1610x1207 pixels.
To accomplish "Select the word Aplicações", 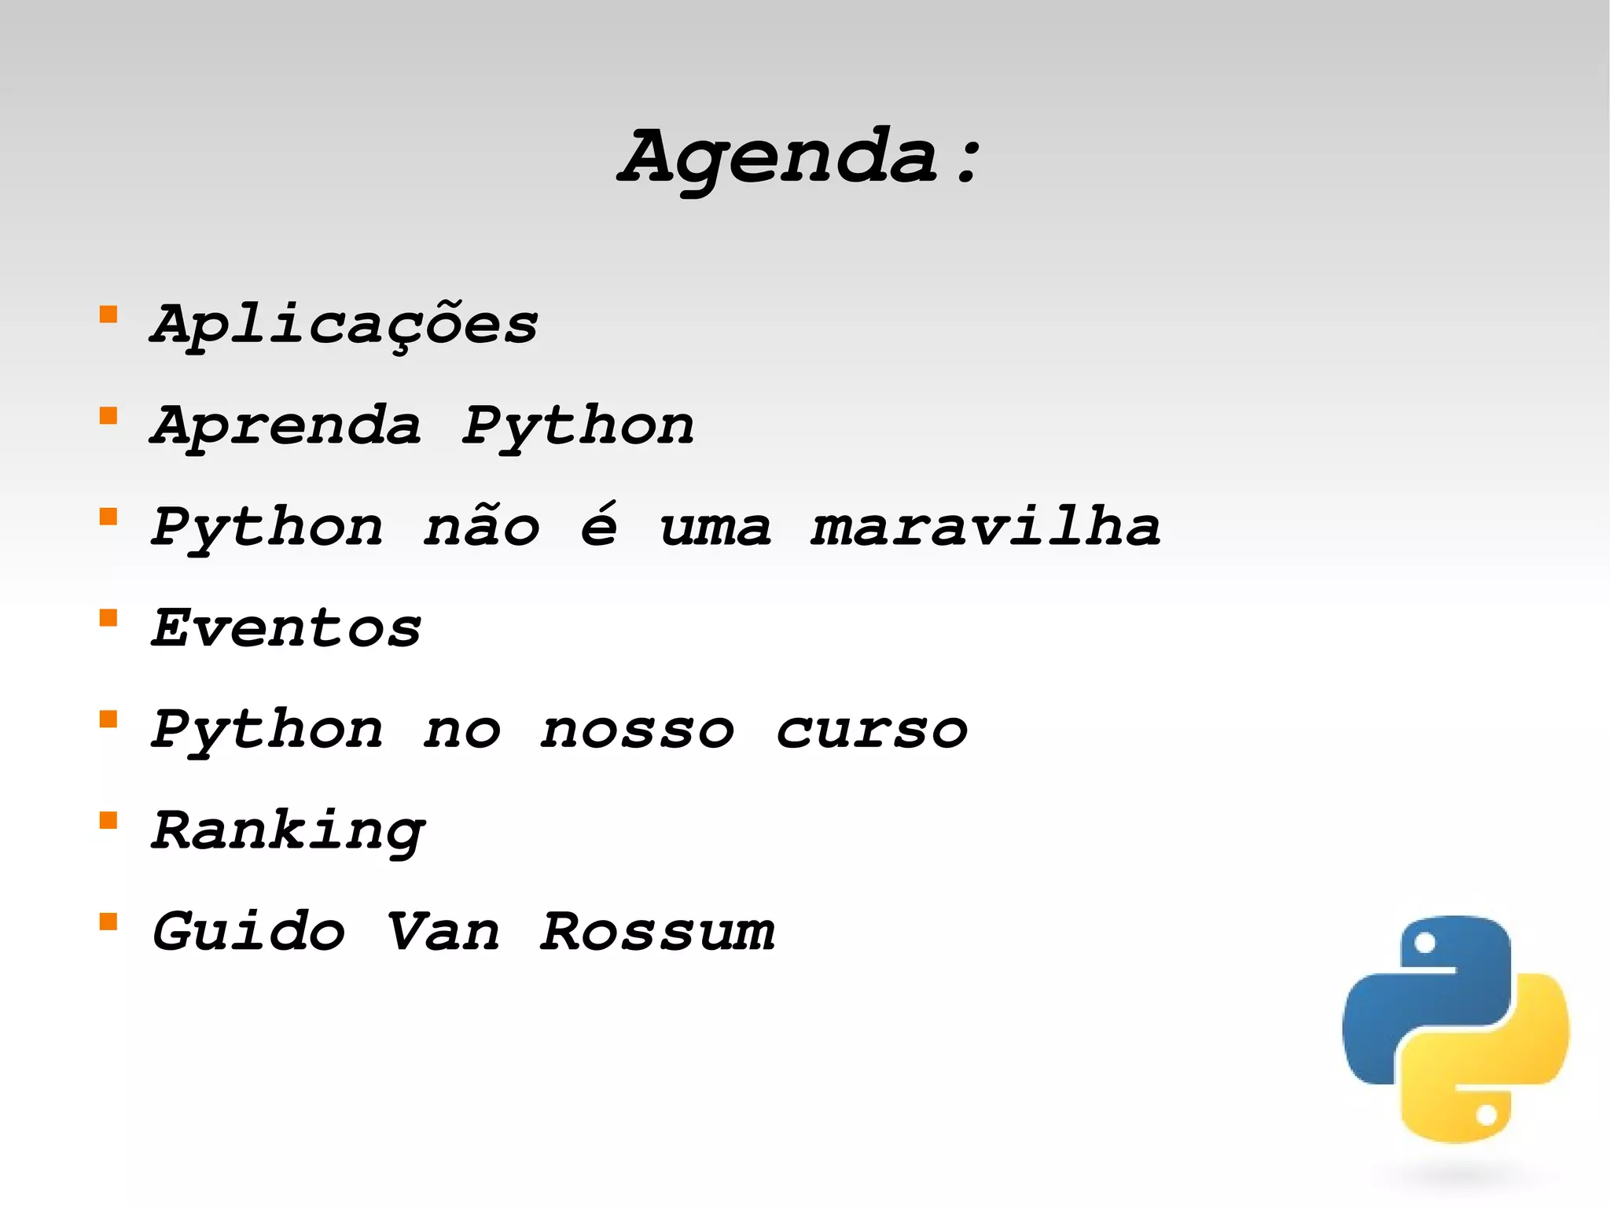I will (x=344, y=325).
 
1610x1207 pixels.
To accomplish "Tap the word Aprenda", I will (x=286, y=425).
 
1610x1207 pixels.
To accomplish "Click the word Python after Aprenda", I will (x=578, y=427).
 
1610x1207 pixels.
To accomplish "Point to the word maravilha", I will (x=986, y=527).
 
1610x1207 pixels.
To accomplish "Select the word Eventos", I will (x=286, y=628).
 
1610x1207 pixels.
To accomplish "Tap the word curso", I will (x=872, y=730).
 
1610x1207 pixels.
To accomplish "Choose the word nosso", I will (x=637, y=730).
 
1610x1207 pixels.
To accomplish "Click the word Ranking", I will (x=288, y=831).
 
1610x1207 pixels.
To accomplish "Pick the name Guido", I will (x=248, y=932).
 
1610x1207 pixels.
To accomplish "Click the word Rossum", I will (x=657, y=932).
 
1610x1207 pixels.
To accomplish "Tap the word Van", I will (x=443, y=932).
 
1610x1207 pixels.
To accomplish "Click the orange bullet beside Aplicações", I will (x=108, y=315).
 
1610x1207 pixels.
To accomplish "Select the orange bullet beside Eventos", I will (x=108, y=618).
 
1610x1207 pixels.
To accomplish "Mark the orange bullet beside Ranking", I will (x=108, y=821).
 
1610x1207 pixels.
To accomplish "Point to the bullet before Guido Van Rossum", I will (x=108, y=922).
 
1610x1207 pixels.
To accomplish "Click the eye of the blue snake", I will (x=1424, y=943).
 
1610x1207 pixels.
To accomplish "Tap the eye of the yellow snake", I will (x=1486, y=1115).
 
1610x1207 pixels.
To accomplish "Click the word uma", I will (x=715, y=527).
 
